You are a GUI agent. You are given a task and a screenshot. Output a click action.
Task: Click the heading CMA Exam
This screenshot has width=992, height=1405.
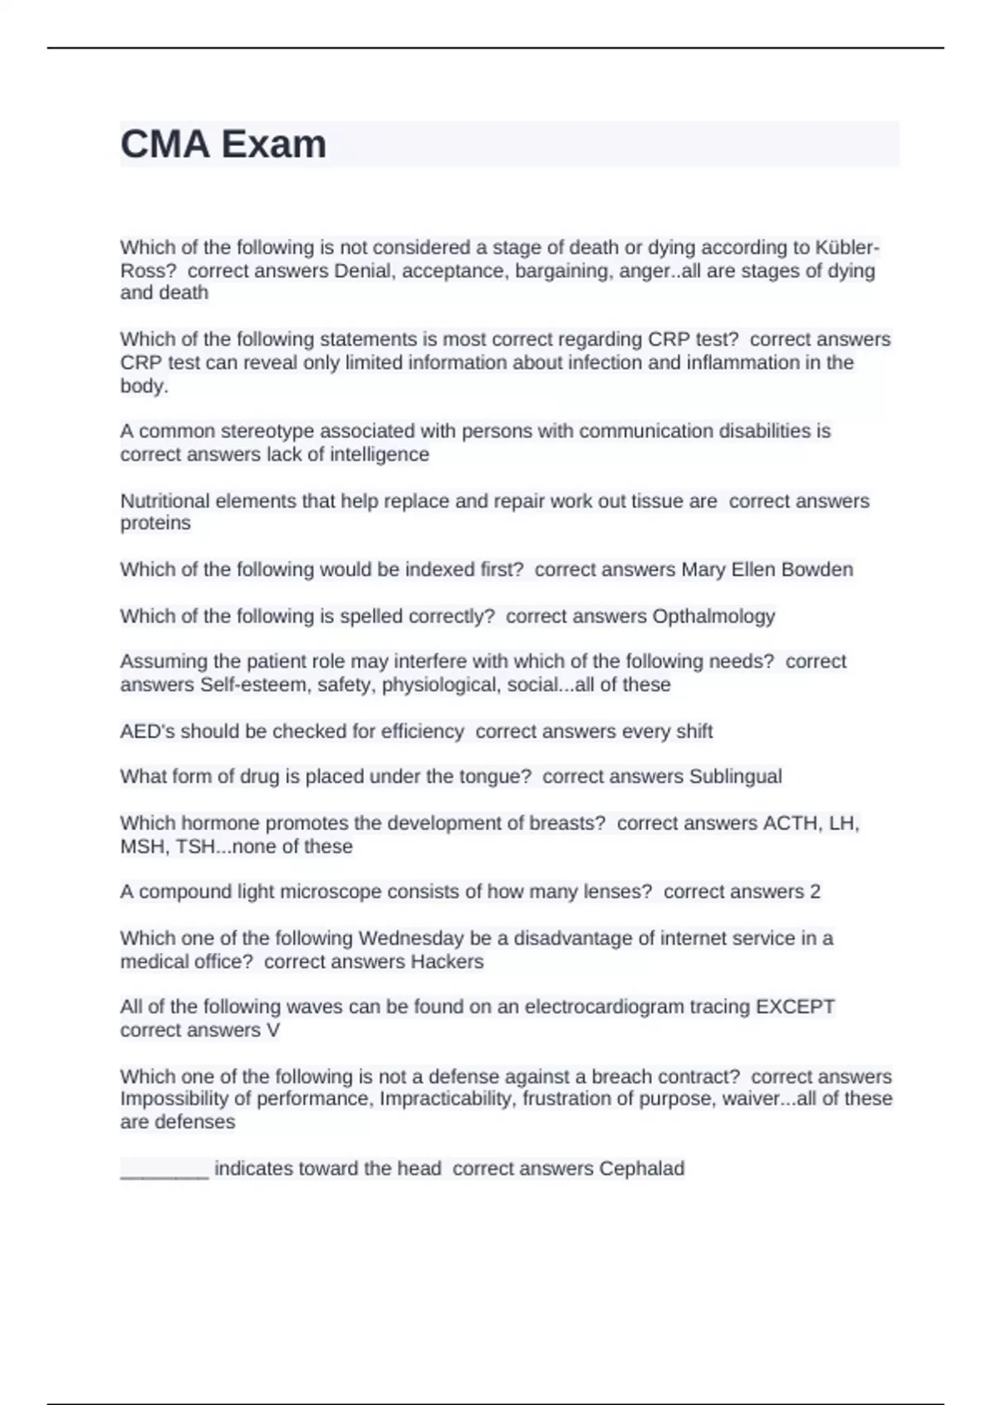pyautogui.click(x=223, y=145)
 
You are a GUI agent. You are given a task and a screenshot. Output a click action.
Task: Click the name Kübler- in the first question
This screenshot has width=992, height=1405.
pyautogui.click(x=847, y=248)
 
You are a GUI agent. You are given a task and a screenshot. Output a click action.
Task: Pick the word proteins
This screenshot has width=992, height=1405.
pyautogui.click(x=155, y=523)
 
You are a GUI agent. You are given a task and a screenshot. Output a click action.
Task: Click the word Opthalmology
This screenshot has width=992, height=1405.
pyautogui.click(x=713, y=617)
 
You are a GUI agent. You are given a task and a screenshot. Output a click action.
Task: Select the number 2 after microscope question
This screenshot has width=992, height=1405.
pyautogui.click(x=815, y=892)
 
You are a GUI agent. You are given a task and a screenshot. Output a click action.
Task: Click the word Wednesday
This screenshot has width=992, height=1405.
pyautogui.click(x=411, y=939)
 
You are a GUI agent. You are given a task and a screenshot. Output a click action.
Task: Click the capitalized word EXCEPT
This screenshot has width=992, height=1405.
pyautogui.click(x=795, y=1007)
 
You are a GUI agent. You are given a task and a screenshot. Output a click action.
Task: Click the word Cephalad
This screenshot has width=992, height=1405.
pyautogui.click(x=641, y=1169)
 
